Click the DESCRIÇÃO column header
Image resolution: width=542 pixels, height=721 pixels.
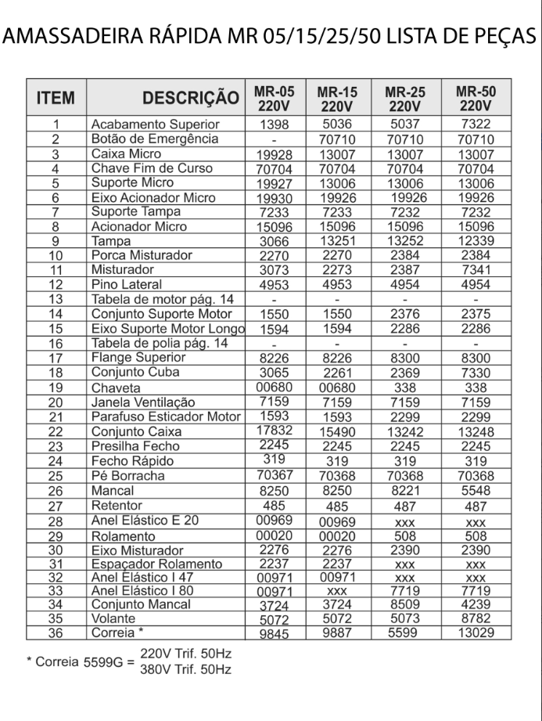pyautogui.click(x=190, y=98)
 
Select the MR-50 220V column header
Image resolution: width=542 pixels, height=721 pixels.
pyautogui.click(x=476, y=98)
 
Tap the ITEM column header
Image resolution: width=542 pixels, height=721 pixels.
pyautogui.click(x=56, y=99)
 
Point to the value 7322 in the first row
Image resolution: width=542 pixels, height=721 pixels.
pyautogui.click(x=476, y=124)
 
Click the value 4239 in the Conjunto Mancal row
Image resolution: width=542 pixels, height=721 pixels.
pyautogui.click(x=476, y=606)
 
